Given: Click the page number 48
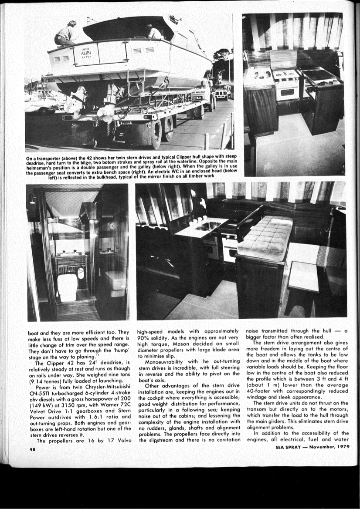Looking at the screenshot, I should tap(32, 450).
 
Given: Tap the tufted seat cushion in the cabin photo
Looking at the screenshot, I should tap(265, 237).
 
